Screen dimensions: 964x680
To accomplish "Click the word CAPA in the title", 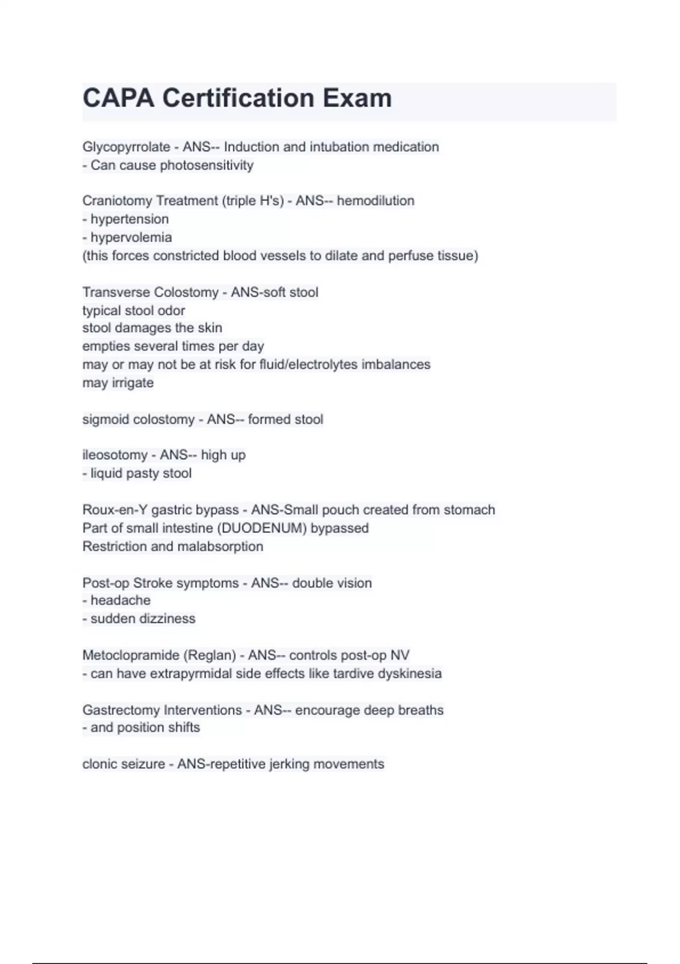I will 118,98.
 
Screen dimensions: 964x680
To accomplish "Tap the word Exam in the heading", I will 357,98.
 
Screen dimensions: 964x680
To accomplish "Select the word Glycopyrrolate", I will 126,147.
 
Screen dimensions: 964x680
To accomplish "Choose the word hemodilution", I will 375,201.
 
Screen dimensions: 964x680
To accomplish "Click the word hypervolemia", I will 131,238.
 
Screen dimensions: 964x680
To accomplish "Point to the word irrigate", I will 133,383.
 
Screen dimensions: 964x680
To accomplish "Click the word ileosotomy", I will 114,455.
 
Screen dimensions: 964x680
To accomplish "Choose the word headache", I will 120,601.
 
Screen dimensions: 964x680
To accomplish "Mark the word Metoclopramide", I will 131,656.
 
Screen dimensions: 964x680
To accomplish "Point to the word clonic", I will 101,764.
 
